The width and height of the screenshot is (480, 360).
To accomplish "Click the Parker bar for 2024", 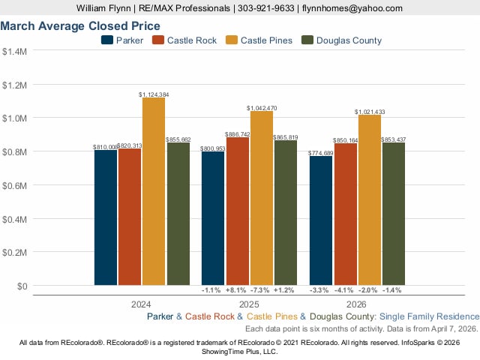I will [105, 217].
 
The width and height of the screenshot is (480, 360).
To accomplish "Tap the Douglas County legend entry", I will [341, 40].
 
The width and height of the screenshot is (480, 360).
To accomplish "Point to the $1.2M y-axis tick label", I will [14, 85].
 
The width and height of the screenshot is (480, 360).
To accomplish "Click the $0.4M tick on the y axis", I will [14, 219].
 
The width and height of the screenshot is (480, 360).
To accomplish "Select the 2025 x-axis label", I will [250, 305].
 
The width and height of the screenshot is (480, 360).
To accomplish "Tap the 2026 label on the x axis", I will [357, 305].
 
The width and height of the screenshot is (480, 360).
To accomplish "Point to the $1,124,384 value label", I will [154, 94].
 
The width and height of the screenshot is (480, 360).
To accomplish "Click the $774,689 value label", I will [321, 153].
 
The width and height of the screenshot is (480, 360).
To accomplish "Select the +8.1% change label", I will [236, 290].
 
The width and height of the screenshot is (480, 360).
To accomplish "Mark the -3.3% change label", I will [321, 290].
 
